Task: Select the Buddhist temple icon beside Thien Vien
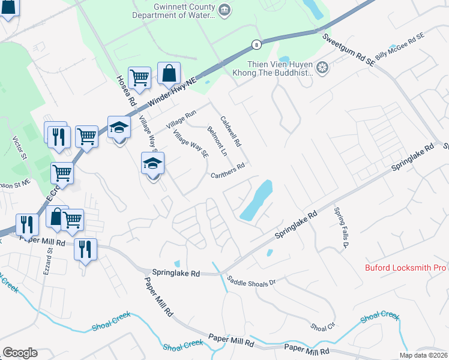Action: (322, 68)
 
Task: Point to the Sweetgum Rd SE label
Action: (348, 46)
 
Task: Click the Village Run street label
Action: (182, 119)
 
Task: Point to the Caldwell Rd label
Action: (231, 132)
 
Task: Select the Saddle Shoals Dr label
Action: (251, 280)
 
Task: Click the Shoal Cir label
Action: (323, 327)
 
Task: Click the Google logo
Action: (20, 353)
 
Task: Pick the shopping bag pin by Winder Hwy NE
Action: (169, 74)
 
